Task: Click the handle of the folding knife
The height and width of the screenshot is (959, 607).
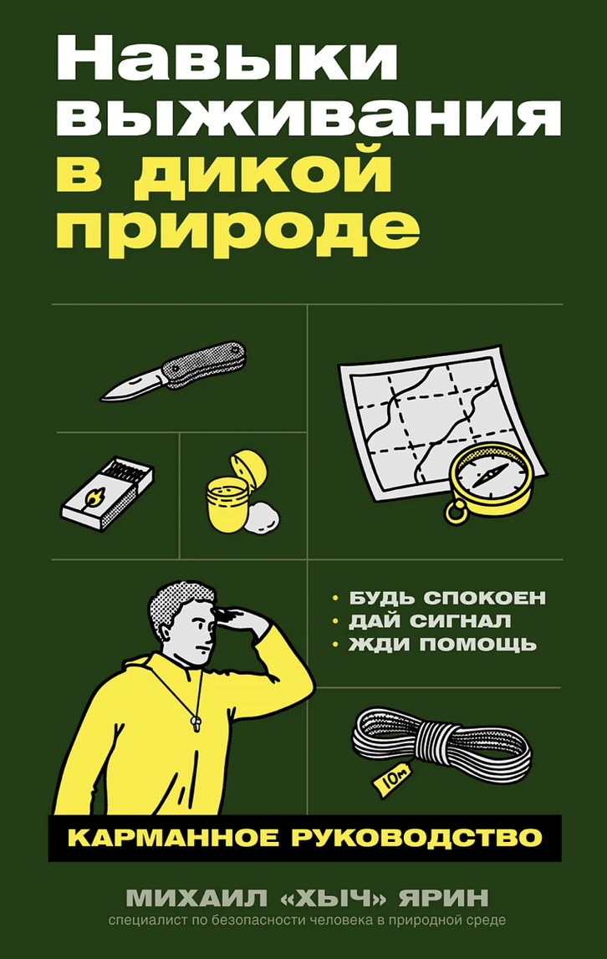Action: [205, 364]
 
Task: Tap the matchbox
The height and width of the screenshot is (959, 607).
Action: [107, 493]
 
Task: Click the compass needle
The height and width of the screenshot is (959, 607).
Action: [489, 474]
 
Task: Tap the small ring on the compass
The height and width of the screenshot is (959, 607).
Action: [455, 512]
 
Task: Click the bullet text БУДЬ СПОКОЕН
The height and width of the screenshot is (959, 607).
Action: [447, 598]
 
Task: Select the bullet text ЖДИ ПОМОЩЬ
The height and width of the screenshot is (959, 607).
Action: [442, 644]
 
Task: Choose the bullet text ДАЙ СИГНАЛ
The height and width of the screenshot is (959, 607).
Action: [430, 620]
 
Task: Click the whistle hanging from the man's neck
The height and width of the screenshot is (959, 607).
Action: [195, 722]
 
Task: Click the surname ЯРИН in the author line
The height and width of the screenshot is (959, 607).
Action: [444, 898]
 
